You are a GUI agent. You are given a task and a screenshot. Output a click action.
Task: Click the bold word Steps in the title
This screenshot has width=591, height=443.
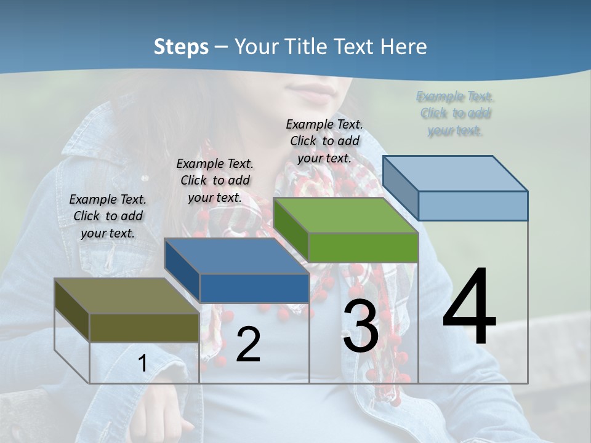pyautogui.click(x=181, y=47)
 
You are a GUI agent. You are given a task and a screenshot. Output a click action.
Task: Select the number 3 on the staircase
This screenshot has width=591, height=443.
pyautogui.click(x=361, y=326)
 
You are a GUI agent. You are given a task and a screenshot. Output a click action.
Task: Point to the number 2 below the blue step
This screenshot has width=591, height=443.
pyautogui.click(x=248, y=345)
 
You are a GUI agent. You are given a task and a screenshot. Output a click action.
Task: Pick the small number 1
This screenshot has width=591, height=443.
pyautogui.click(x=142, y=364)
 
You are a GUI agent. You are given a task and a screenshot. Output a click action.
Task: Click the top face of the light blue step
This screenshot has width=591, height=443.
pyautogui.click(x=456, y=174)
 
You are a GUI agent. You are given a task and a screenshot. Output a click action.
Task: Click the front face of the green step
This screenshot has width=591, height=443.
pyautogui.click(x=363, y=248)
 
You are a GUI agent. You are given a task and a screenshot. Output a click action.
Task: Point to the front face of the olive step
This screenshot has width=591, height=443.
pyautogui.click(x=144, y=327)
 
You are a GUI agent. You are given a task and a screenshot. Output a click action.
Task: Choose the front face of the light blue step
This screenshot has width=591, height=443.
pyautogui.click(x=473, y=206)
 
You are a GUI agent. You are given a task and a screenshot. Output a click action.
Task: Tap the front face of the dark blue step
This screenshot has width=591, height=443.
pyautogui.click(x=254, y=288)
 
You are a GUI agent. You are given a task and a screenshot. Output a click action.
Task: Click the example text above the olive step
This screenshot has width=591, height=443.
pyautogui.click(x=108, y=216)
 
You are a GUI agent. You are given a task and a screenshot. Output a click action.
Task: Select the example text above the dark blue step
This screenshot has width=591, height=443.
pyautogui.click(x=215, y=180)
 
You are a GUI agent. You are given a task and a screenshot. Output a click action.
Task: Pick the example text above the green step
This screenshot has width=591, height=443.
pyautogui.click(x=324, y=141)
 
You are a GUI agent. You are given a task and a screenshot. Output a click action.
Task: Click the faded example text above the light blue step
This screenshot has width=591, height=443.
pyautogui.click(x=455, y=113)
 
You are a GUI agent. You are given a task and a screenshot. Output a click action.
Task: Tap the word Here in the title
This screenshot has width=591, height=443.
pyautogui.click(x=404, y=47)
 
